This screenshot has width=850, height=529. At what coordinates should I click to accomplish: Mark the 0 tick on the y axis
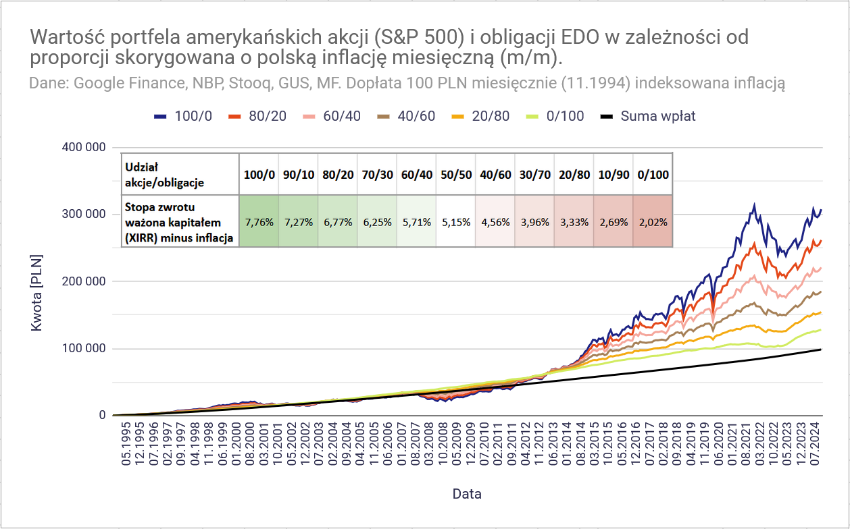102,416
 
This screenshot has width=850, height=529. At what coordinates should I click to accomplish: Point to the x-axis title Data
467,494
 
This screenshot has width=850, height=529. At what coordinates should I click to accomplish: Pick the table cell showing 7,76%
259,221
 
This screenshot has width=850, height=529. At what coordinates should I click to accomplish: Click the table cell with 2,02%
653,221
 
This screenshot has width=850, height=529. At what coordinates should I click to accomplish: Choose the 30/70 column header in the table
534,175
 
